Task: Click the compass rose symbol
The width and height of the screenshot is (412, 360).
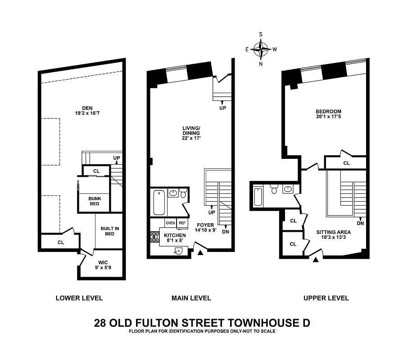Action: click(261, 49)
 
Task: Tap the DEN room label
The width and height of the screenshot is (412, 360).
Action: click(87, 111)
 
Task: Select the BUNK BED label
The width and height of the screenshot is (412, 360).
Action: click(95, 201)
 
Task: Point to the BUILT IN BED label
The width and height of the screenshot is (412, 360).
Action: click(110, 231)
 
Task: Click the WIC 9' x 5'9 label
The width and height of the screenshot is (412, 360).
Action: click(103, 265)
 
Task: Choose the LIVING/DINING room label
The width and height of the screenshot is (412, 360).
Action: click(191, 133)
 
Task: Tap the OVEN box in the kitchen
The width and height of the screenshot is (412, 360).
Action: click(170, 223)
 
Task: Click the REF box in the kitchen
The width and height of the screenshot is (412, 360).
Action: click(182, 223)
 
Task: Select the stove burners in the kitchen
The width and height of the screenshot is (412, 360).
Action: click(155, 237)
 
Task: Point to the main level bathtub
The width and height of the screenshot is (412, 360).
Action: click(159, 202)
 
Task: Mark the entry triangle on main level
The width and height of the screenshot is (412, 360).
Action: click(200, 252)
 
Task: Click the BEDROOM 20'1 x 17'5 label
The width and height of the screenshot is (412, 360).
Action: click(328, 114)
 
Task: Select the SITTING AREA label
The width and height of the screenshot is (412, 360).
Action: click(334, 234)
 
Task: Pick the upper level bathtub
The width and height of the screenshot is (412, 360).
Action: click(258, 197)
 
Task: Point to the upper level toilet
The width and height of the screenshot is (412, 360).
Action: click(274, 189)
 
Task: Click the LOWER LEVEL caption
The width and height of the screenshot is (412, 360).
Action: click(79, 298)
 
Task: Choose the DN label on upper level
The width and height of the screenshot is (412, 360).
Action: click(360, 223)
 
